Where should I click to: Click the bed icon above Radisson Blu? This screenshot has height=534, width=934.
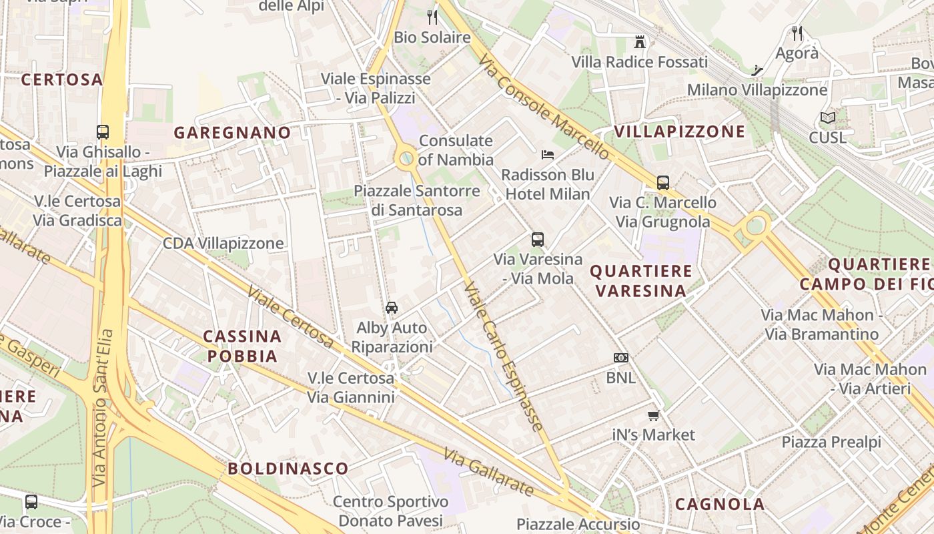coord(548,155)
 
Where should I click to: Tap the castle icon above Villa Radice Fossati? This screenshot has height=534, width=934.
coord(640,42)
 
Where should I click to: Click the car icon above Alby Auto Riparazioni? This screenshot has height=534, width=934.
coord(392,307)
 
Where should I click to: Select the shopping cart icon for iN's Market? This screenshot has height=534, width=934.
coord(653,415)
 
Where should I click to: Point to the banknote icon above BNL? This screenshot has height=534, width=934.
coord(621,358)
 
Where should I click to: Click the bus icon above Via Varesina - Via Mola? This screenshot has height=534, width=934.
coord(538,239)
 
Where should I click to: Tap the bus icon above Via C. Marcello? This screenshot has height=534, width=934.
coord(662,182)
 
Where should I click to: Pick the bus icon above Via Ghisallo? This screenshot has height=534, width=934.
coord(103,131)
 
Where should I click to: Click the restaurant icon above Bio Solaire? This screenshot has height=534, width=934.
coord(432,17)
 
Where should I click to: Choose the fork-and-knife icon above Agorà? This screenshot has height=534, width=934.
coord(797,33)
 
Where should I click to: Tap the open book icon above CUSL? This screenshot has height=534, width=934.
coord(827,118)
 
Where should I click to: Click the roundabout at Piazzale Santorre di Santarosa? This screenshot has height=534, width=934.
coord(406,159)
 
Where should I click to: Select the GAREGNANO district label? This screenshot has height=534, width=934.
coord(233,133)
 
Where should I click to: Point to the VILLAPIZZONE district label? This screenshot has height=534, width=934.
coord(680,131)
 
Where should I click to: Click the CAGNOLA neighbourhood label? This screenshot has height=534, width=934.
coord(720,504)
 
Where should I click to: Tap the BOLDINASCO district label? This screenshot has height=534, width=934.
coord(288,469)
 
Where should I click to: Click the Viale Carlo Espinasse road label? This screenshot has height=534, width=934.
coord(503,356)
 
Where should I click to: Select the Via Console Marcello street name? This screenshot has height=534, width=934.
coord(544,107)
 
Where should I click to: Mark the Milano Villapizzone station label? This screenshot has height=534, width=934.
coord(757,90)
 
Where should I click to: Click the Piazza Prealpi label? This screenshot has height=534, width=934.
coord(831,442)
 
